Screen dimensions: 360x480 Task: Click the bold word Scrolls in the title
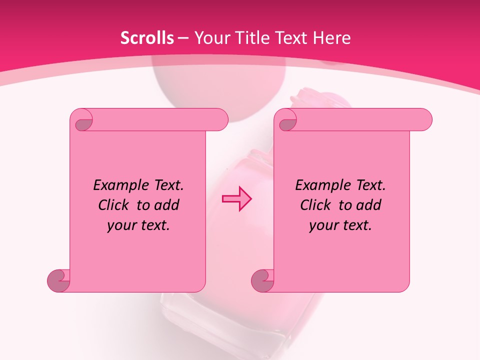(x=147, y=38)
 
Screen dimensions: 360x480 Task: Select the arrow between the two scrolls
(x=236, y=198)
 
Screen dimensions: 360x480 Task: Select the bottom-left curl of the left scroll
(x=58, y=280)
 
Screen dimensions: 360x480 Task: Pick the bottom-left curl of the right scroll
(x=262, y=280)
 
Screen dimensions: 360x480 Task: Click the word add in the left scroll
(x=166, y=205)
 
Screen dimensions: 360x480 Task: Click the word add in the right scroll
(x=368, y=205)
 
